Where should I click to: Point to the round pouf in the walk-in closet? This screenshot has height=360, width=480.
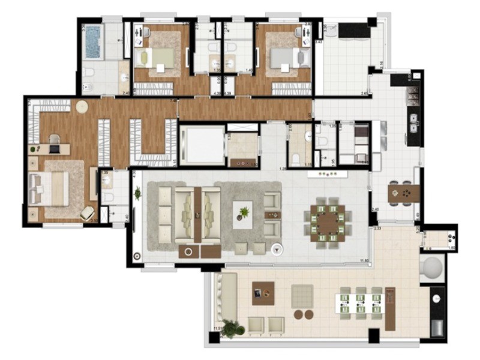tap(82, 107)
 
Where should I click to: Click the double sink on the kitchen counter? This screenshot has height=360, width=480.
tap(414, 122)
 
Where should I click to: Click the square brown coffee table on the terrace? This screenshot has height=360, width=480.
tap(263, 293)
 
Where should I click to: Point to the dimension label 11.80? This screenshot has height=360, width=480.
tap(364, 260)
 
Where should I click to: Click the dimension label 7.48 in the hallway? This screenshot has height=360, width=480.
tap(173, 101)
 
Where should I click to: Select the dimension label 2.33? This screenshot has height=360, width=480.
tap(378, 229)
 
